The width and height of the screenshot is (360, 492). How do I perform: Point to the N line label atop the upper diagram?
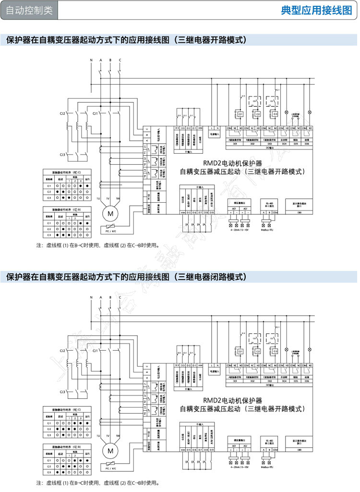pyautogui.click(x=91, y=59)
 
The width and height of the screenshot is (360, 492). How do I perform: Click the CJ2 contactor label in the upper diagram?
pyautogui.click(x=62, y=113)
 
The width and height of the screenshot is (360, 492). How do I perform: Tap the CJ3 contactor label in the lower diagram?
pyautogui.click(x=62, y=392)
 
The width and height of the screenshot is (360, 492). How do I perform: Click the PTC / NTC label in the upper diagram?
pyautogui.click(x=111, y=231)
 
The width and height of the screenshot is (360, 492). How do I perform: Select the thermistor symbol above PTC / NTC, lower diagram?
pyautogui.click(x=111, y=463)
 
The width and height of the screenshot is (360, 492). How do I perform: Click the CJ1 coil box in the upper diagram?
pyautogui.click(x=240, y=114)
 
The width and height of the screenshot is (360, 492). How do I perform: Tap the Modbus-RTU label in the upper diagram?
pyautogui.click(x=266, y=231)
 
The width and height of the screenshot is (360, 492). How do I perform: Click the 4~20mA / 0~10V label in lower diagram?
pyautogui.click(x=239, y=468)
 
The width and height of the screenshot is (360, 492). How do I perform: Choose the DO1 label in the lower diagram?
pyautogui.click(x=235, y=381)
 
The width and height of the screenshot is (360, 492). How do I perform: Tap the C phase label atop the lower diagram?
pyautogui.click(x=120, y=297)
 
